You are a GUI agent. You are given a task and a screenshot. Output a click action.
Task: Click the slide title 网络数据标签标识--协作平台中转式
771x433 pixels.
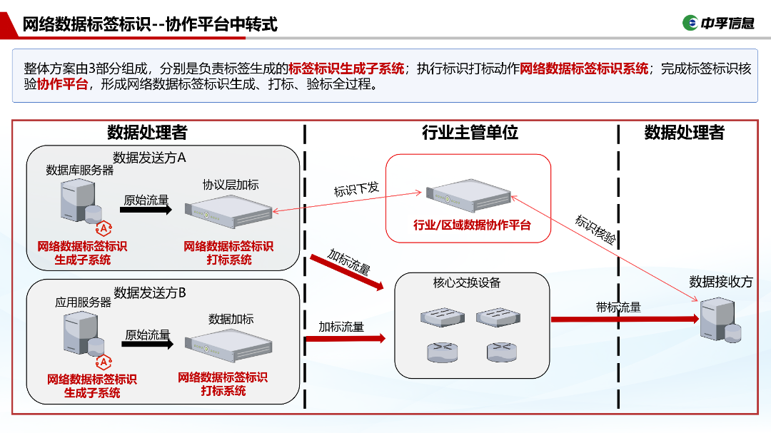[150, 24]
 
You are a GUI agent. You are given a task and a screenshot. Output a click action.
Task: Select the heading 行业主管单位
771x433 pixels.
[470, 133]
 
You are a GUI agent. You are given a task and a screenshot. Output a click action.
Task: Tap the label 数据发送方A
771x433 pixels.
[149, 158]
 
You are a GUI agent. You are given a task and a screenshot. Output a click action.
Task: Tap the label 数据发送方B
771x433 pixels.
[150, 292]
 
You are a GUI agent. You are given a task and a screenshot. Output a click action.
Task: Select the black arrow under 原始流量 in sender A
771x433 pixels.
[146, 210]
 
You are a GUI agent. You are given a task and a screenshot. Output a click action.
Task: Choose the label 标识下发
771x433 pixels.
[356, 190]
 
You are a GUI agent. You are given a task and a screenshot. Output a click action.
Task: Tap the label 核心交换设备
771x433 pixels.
[467, 282]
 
